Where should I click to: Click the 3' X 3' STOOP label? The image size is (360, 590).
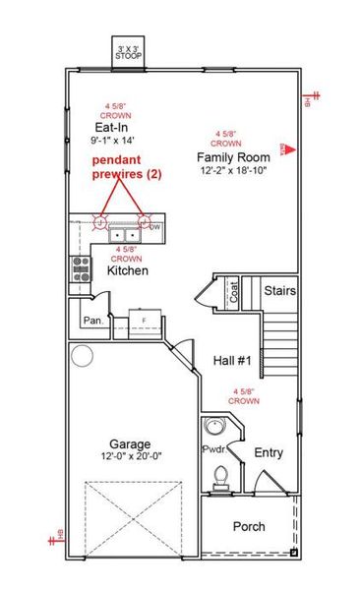coord(129,50)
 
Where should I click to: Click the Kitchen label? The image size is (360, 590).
coord(127,269)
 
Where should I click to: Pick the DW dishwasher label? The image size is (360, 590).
coord(154,227)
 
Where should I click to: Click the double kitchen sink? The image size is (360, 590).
coord(124,235)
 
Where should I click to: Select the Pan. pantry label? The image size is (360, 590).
coord(93,320)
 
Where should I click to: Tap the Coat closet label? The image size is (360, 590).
coord(234,292)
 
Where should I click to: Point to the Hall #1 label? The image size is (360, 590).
coord(233,361)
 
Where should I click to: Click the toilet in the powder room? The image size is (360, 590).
coord(220,477)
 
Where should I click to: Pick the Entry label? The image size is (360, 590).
coord(269,452)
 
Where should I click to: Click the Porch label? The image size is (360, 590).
coord(248,526)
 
